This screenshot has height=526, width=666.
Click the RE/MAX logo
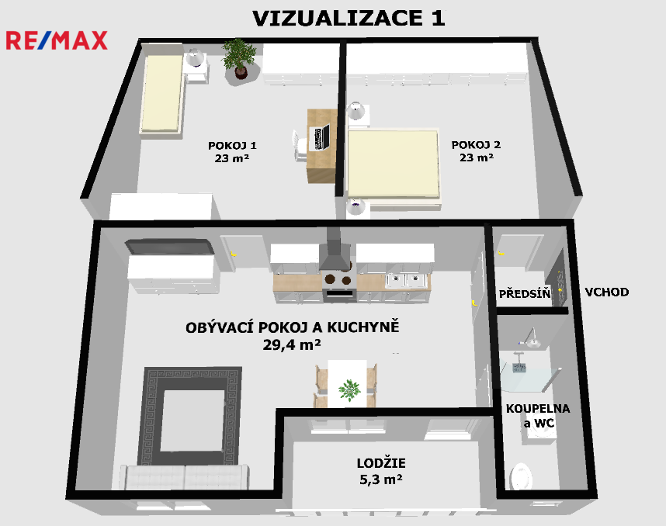(x=57, y=40)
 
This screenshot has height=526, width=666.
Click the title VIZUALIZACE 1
(x=349, y=19)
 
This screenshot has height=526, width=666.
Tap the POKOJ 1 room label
(x=232, y=146)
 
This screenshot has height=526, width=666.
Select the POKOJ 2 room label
(x=476, y=145)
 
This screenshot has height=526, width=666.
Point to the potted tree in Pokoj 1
(x=239, y=59)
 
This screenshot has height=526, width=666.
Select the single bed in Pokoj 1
(x=161, y=94)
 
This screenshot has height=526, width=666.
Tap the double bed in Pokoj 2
(x=394, y=167)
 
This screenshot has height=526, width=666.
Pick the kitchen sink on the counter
(x=407, y=281)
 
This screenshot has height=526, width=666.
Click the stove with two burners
(x=338, y=286)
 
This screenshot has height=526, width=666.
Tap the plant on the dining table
(x=349, y=390)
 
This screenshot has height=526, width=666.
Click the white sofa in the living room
(x=183, y=477)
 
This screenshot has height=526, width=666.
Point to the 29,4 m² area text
(x=291, y=344)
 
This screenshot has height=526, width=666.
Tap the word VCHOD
(x=606, y=292)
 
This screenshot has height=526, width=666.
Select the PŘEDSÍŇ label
(x=525, y=293)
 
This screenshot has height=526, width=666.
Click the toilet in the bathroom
(x=521, y=476)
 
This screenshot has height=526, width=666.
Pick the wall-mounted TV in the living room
(x=169, y=247)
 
